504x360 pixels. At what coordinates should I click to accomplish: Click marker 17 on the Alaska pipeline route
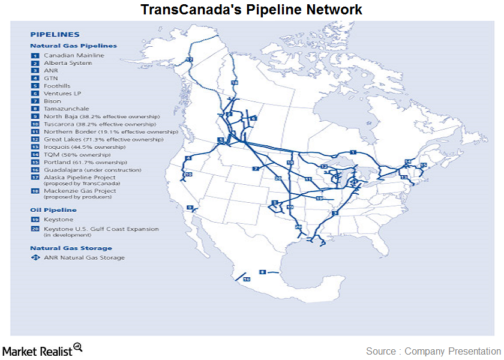pos(189,60)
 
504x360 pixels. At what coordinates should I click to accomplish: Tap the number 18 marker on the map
pos(234,82)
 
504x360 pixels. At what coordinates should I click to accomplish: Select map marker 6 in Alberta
pos(253,119)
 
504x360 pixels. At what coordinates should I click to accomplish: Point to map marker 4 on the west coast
pos(188,158)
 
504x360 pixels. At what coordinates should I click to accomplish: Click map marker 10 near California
pos(188,175)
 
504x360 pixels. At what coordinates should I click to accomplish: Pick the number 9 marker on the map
pos(190,208)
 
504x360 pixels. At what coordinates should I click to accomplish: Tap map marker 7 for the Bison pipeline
pos(255,169)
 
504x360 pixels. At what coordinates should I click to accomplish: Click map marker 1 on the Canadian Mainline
pos(353,152)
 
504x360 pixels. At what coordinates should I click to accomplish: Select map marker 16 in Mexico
pos(246,279)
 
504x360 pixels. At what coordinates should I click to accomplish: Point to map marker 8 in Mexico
pos(262,272)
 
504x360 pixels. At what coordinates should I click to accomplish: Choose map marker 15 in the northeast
pos(423,164)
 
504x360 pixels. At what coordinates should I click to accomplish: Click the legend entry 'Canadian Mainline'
pos(74,55)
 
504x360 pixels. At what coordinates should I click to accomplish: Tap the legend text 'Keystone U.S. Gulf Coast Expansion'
pos(101,229)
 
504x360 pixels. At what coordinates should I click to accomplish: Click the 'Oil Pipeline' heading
pos(53,210)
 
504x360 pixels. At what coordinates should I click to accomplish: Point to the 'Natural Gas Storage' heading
pos(71,248)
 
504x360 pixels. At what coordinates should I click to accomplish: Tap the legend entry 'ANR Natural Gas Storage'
pos(84,257)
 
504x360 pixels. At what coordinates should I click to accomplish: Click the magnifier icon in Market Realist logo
pos(77,347)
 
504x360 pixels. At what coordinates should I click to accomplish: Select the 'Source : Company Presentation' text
pos(433,351)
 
